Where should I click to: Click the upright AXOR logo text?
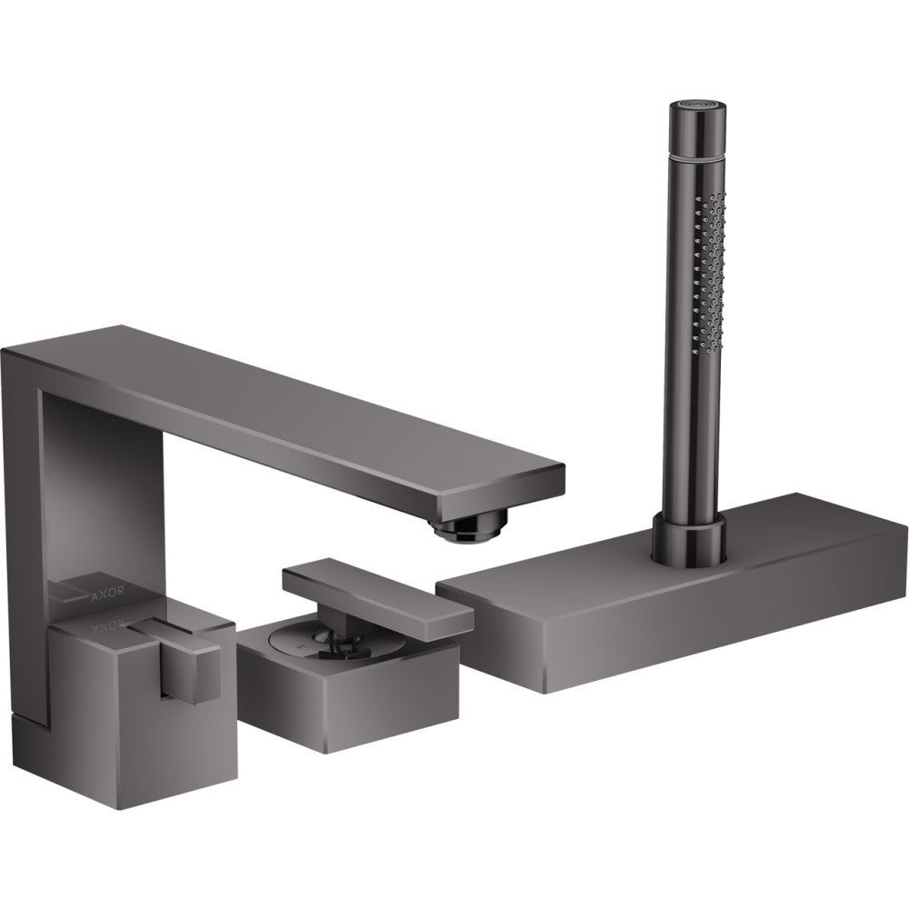[107, 593]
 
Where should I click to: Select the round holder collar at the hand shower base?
[688, 535]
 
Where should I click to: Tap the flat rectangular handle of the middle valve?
[377, 598]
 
